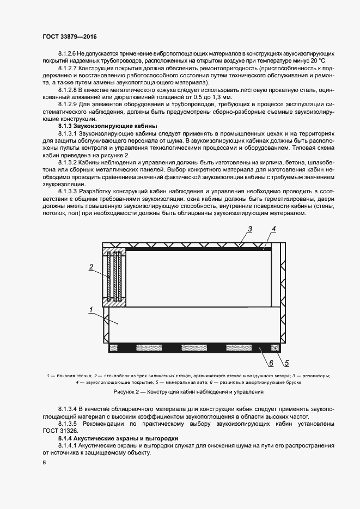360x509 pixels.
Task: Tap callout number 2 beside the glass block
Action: coord(91,266)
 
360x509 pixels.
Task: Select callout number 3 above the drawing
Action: coord(249,229)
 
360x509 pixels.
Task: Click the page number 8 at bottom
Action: coord(44,463)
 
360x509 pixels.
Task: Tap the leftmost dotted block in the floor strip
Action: coord(117,347)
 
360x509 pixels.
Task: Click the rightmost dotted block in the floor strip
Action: coord(276,347)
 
